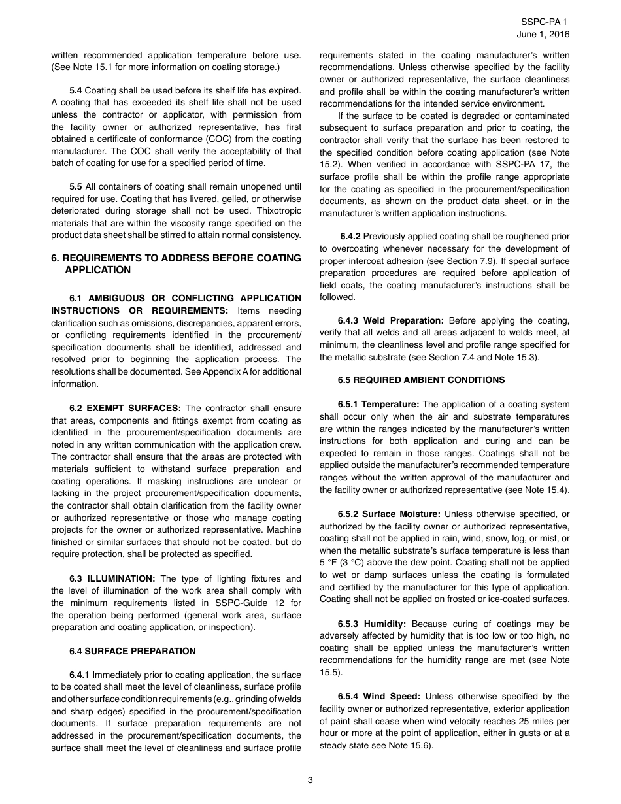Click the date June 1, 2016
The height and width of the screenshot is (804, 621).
(x=547, y=34)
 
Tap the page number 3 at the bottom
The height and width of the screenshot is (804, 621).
(x=310, y=779)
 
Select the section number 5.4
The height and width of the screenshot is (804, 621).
(x=76, y=90)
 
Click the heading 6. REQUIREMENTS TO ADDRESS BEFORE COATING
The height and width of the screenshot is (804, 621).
(x=176, y=258)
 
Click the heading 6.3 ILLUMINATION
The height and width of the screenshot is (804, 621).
(x=112, y=578)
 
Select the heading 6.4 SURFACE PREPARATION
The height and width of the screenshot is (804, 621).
(x=133, y=651)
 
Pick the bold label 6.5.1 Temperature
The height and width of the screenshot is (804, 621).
(x=378, y=405)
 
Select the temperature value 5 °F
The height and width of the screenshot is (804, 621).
(x=329, y=563)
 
